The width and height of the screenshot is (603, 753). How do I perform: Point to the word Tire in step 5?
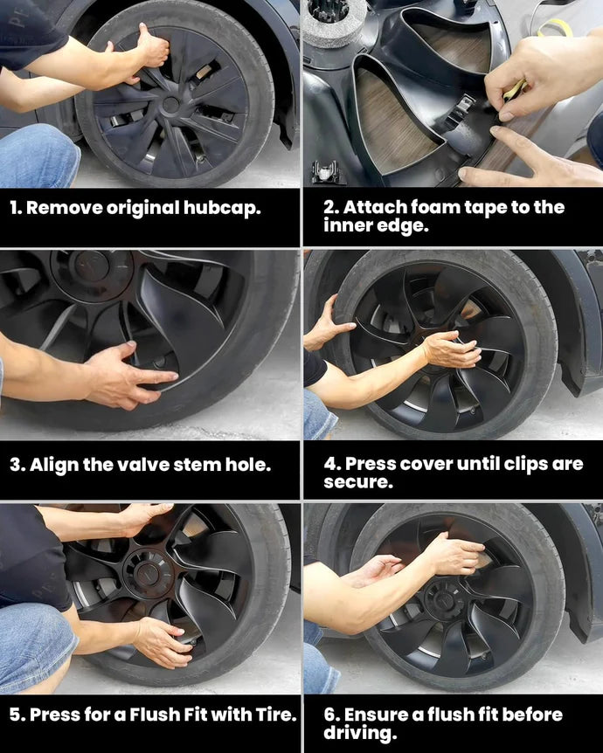click(277, 715)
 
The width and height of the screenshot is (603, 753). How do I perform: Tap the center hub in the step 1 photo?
click(171, 103)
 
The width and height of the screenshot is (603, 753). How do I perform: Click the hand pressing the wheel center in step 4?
click(451, 349)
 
